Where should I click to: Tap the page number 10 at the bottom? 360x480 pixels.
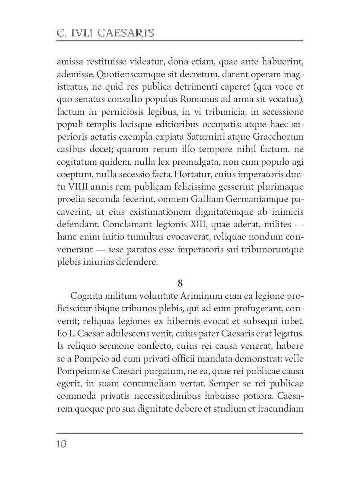62,444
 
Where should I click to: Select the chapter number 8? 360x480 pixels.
180,283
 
